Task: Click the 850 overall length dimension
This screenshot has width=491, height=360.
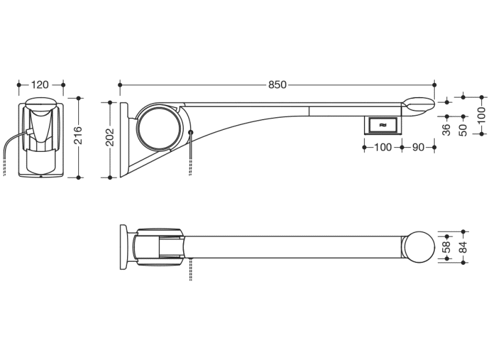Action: [277, 85]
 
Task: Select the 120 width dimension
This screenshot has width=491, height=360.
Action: [40, 85]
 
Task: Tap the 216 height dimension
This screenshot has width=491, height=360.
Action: [78, 135]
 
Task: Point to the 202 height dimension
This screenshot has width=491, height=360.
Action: [109, 137]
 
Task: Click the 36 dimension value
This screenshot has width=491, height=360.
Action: [447, 130]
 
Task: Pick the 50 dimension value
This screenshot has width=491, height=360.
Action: [463, 130]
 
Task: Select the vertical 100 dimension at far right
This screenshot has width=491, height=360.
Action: [482, 115]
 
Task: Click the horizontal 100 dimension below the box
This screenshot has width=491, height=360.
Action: [383, 147]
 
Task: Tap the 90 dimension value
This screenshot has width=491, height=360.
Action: [418, 147]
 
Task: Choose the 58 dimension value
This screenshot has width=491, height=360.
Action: [447, 247]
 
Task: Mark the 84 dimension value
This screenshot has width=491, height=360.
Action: [463, 247]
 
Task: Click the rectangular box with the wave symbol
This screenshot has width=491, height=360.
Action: [383, 125]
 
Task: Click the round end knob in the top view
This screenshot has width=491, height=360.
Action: [419, 247]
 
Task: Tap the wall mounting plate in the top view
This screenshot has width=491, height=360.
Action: [124, 247]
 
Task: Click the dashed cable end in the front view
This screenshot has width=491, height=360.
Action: [4, 168]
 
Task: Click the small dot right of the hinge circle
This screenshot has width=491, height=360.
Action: [190, 132]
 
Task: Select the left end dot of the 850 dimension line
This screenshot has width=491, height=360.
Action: [120, 85]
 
